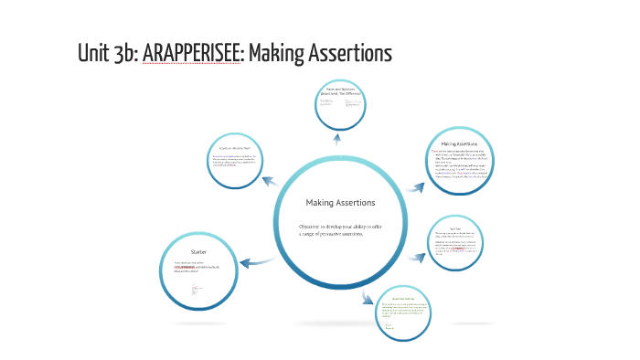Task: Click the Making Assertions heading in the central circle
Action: pos(339,202)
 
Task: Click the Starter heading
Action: pos(198,251)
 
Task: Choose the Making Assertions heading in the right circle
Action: pos(461,143)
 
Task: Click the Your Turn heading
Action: pos(454,228)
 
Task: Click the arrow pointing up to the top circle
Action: pos(337,139)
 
